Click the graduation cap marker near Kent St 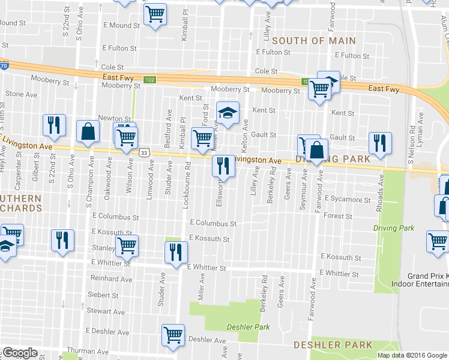228,112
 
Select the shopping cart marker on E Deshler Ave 173,334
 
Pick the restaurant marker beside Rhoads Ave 380,143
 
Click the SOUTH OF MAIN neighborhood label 314,41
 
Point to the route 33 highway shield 144,153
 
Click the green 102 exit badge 149,80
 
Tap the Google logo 20,353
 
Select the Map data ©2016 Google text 412,355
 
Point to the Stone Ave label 21,94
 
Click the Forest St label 337,216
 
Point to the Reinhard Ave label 111,279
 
